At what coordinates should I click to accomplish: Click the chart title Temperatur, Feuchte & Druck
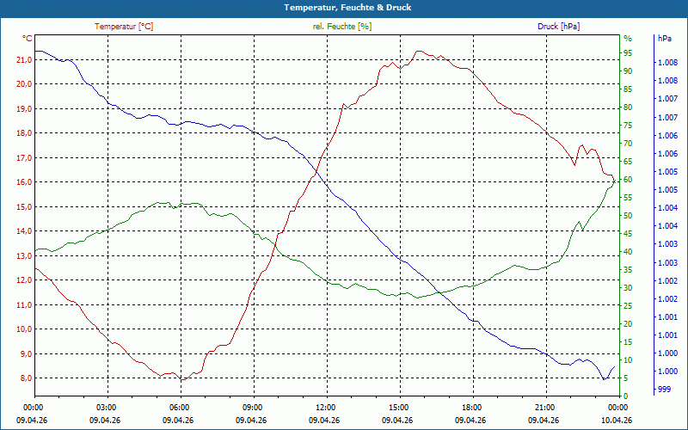[x=347, y=8]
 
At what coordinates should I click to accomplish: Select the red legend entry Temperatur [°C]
[x=124, y=27]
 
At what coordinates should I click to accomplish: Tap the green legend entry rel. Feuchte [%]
[x=341, y=27]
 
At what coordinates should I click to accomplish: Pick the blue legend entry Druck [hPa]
[x=558, y=27]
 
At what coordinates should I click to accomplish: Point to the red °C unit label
[x=28, y=39]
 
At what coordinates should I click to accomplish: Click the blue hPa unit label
[x=665, y=39]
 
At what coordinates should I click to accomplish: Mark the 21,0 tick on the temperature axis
[x=24, y=59]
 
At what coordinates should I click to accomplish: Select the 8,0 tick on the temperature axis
[x=24, y=378]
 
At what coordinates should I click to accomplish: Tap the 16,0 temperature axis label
[x=24, y=182]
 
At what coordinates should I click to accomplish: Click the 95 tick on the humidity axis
[x=628, y=53]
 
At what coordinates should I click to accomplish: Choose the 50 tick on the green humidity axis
[x=628, y=216]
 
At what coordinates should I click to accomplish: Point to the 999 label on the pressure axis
[x=664, y=390]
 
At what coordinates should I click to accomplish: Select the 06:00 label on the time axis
[x=180, y=408]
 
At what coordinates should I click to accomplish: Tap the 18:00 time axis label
[x=472, y=408]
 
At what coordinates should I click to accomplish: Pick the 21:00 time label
[x=545, y=408]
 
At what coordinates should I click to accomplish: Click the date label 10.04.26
[x=617, y=421]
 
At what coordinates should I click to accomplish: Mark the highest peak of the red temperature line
[x=419, y=51]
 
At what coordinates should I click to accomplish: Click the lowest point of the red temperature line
[x=182, y=380]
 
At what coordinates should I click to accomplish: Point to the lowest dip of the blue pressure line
[x=604, y=379]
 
